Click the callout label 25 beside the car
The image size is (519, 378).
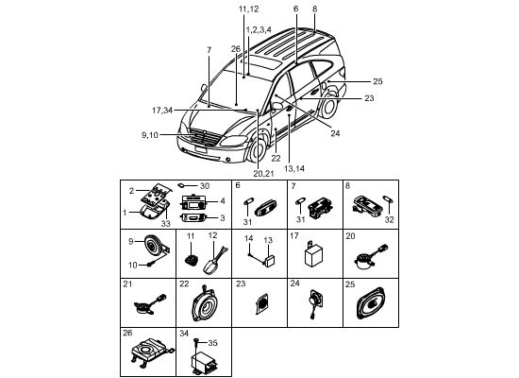[377, 81]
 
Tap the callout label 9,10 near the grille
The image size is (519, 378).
[150, 135]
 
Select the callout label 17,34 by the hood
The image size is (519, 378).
[162, 111]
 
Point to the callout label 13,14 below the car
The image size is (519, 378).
[293, 168]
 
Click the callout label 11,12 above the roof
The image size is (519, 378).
[248, 9]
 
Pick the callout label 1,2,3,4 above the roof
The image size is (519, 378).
[259, 30]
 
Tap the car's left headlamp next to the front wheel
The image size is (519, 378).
[233, 141]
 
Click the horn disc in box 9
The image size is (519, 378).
[152, 245]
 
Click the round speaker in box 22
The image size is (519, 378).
[205, 304]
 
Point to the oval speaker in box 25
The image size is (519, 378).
[371, 303]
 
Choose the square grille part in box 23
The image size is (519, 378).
[261, 303]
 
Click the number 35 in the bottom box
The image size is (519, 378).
[212, 343]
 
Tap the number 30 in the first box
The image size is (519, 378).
[205, 186]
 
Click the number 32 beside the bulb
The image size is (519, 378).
[389, 219]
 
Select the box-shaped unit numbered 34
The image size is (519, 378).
[203, 364]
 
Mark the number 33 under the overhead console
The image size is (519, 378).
[165, 224]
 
